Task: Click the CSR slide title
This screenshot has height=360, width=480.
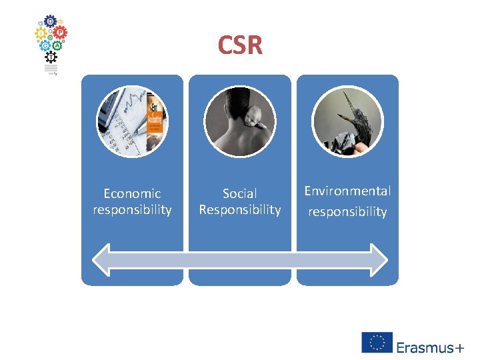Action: pyautogui.click(x=240, y=45)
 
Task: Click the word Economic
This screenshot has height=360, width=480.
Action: pyautogui.click(x=132, y=193)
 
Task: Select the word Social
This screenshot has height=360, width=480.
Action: pyautogui.click(x=239, y=193)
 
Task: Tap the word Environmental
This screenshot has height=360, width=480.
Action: pyautogui.click(x=347, y=191)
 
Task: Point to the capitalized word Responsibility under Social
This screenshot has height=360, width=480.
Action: pyautogui.click(x=239, y=210)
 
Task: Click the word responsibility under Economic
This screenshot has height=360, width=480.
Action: pyautogui.click(x=132, y=210)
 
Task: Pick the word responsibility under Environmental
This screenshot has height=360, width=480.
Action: pyautogui.click(x=347, y=212)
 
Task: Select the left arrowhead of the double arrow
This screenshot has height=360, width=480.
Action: pyautogui.click(x=102, y=258)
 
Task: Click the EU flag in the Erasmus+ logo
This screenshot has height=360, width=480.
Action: pyautogui.click(x=377, y=343)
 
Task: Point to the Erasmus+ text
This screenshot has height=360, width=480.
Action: pyautogui.click(x=430, y=347)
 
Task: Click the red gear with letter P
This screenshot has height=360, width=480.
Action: pyautogui.click(x=60, y=31)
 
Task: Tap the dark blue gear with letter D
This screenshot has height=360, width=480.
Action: pyautogui.click(x=51, y=21)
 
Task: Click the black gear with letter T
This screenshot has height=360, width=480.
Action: pyautogui.click(x=51, y=58)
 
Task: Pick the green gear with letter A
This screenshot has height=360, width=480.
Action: pyautogui.click(x=57, y=45)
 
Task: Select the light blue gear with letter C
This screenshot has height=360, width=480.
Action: pyautogui.click(x=45, y=45)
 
